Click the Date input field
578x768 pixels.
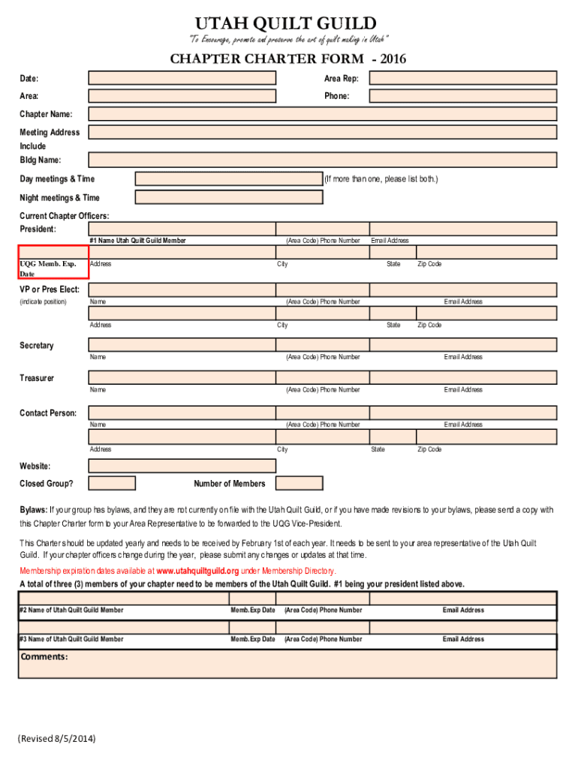pyautogui.click(x=182, y=78)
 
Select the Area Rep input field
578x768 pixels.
pyautogui.click(x=463, y=78)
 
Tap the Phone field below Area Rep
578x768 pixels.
pyautogui.click(x=463, y=96)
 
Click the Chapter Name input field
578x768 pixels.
pyautogui.click(x=322, y=114)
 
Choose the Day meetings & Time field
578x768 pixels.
pyautogui.click(x=228, y=178)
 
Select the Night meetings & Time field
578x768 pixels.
pyautogui.click(x=228, y=197)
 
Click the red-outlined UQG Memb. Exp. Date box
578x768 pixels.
pyautogui.click(x=53, y=262)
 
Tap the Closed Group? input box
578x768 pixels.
pyautogui.click(x=112, y=483)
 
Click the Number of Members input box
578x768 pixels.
pyautogui.click(x=299, y=483)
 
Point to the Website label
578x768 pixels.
pyautogui.click(x=35, y=466)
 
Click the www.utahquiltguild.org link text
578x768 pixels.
pyautogui.click(x=197, y=571)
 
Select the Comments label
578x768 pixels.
pyautogui.click(x=44, y=657)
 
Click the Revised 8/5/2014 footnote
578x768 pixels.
pyautogui.click(x=58, y=738)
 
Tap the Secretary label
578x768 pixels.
pyautogui.click(x=37, y=346)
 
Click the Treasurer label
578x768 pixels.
pyautogui.click(x=37, y=378)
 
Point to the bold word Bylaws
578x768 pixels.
pyautogui.click(x=33, y=510)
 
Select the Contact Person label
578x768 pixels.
pyautogui.click(x=48, y=412)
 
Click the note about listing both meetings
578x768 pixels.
pyautogui.click(x=381, y=179)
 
